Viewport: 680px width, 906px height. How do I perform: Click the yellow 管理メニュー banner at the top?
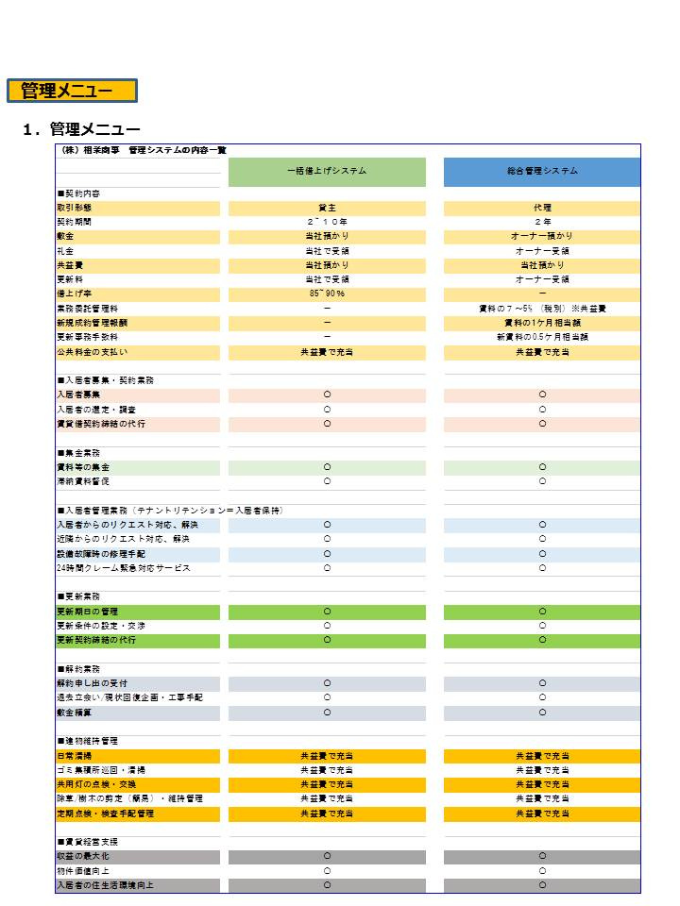(72, 91)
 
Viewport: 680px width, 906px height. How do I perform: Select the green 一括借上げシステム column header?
(327, 171)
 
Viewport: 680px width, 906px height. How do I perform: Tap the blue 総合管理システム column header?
(542, 171)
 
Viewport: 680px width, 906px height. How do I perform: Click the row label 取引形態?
(75, 208)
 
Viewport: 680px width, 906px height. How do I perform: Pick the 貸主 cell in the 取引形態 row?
(327, 208)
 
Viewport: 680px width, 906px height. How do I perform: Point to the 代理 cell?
(542, 208)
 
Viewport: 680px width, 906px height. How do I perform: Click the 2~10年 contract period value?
(327, 222)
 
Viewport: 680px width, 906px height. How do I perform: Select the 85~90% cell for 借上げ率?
(327, 294)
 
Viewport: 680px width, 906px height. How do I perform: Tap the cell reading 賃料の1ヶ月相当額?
(542, 323)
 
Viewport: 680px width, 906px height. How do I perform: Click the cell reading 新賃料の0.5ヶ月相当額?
(542, 337)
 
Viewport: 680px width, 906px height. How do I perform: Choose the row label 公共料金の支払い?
(99, 352)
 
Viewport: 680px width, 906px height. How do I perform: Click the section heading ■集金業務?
(83, 453)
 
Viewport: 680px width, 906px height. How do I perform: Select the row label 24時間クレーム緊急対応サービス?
(124, 568)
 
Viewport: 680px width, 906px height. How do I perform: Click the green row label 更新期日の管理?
(87, 612)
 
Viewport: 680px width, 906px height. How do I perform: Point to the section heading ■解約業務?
(83, 669)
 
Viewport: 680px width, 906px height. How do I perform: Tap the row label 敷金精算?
(75, 713)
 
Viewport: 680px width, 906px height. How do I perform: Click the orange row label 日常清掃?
(75, 756)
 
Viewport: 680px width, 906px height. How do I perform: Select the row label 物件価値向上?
(83, 871)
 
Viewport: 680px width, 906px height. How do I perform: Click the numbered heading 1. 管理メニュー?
(81, 129)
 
